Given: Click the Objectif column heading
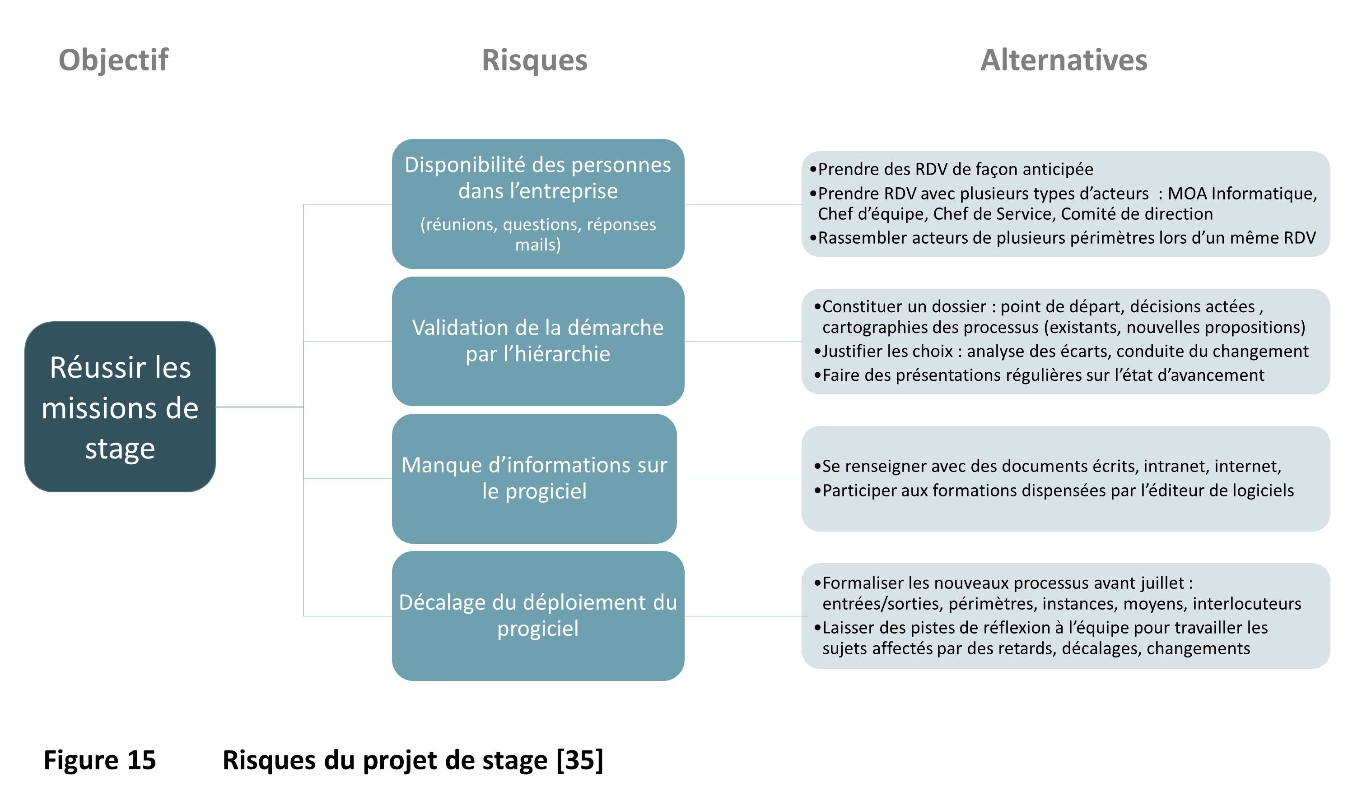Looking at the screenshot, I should point(113,60).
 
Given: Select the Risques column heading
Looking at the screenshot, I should point(534,60).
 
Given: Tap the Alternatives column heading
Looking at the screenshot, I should point(1063,60).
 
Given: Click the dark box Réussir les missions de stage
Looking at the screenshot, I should point(120,407).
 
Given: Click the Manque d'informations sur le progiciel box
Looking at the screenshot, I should point(534,478).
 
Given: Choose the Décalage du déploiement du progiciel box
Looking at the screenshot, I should point(537,615).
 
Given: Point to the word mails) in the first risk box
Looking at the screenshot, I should point(537,245).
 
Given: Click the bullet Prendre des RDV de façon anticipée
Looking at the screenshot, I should point(956,169).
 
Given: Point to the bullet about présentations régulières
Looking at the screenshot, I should point(1042,375).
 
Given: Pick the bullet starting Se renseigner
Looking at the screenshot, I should point(1051,467).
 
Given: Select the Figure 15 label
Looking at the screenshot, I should point(100,760).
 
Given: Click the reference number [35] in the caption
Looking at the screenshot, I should point(580,760).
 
